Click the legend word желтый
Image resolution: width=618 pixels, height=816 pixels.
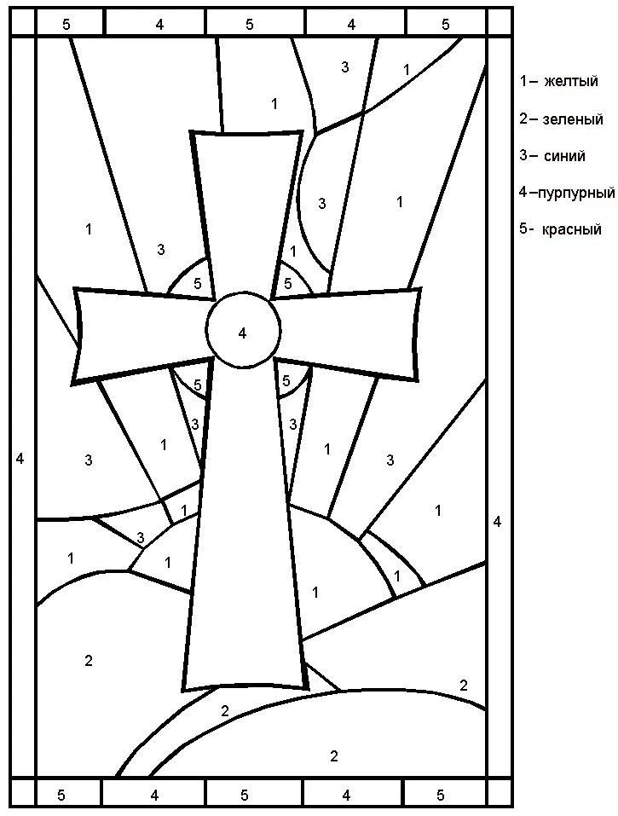(x=571, y=82)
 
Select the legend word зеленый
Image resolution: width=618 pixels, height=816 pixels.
(x=573, y=119)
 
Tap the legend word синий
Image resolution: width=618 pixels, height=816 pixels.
(x=564, y=155)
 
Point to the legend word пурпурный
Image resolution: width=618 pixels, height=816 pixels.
(x=576, y=193)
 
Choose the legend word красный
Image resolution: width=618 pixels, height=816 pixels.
(x=572, y=229)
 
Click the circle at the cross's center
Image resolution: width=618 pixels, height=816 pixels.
(x=244, y=330)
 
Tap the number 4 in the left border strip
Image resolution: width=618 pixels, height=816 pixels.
(x=20, y=459)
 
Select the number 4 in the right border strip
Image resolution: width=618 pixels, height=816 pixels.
(x=497, y=521)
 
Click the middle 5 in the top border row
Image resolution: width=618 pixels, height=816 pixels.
(x=250, y=24)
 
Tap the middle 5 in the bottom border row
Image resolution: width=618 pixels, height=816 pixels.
(x=245, y=796)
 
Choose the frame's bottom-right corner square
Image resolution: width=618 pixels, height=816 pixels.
(x=500, y=793)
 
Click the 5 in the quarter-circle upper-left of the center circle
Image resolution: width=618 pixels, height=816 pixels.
(x=197, y=284)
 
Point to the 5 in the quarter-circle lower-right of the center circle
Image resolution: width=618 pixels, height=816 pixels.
(x=286, y=381)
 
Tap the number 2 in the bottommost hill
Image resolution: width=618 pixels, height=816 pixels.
(x=334, y=755)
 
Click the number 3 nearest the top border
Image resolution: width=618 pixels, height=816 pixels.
(x=345, y=67)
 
